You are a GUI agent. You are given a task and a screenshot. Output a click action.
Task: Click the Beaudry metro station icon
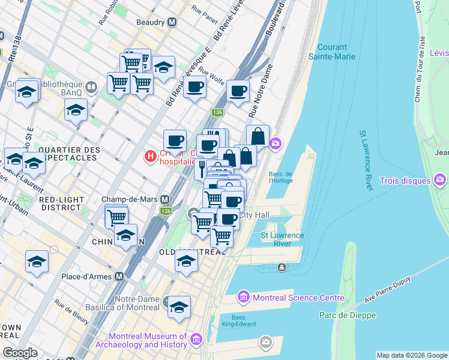(x=172, y=22)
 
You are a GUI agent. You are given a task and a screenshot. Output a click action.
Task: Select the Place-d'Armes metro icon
(x=119, y=277)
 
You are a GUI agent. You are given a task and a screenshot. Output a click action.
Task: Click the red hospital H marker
(x=150, y=157)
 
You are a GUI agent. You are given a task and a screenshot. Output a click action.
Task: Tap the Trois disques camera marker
(x=440, y=180)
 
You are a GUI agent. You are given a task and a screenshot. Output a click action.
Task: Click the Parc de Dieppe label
(x=348, y=315)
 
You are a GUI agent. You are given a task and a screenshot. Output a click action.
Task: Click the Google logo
(x=20, y=353)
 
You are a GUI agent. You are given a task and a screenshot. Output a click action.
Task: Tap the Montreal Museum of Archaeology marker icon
(x=196, y=341)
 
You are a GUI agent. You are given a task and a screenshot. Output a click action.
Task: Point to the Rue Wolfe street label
(x=211, y=77)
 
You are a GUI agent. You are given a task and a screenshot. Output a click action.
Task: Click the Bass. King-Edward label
(x=244, y=320)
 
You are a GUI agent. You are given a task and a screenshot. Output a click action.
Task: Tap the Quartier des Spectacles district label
(x=67, y=153)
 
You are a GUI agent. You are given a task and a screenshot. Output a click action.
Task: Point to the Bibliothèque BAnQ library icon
(x=91, y=88)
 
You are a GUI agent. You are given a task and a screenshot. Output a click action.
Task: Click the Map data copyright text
(x=411, y=355)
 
